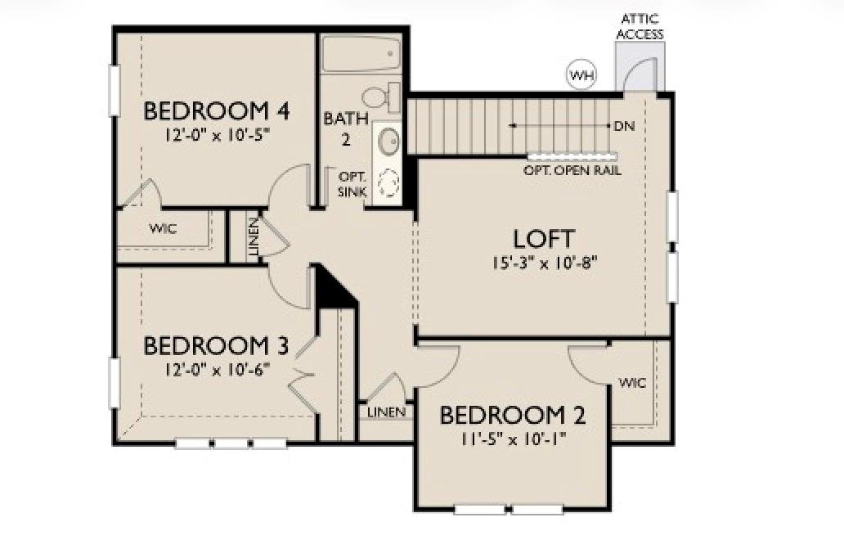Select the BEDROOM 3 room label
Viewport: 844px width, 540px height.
click(216, 345)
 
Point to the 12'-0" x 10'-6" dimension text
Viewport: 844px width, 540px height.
click(216, 368)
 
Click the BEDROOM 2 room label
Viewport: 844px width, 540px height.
click(513, 416)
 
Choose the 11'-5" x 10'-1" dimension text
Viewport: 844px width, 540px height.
click(513, 439)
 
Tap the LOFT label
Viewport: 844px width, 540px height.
click(544, 239)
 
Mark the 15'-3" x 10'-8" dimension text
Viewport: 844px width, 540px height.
click(544, 263)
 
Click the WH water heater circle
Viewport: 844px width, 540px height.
click(582, 76)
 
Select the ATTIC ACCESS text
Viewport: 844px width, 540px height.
click(640, 26)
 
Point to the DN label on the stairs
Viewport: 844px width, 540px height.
click(624, 126)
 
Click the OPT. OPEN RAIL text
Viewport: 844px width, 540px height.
click(572, 171)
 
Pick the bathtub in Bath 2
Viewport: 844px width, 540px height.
click(360, 55)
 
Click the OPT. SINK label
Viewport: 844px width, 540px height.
click(352, 184)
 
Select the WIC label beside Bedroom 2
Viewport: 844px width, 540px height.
click(632, 383)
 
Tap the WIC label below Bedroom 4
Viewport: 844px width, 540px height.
click(163, 228)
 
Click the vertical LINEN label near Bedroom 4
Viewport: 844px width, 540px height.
click(254, 238)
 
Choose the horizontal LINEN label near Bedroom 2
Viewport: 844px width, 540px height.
click(386, 412)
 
